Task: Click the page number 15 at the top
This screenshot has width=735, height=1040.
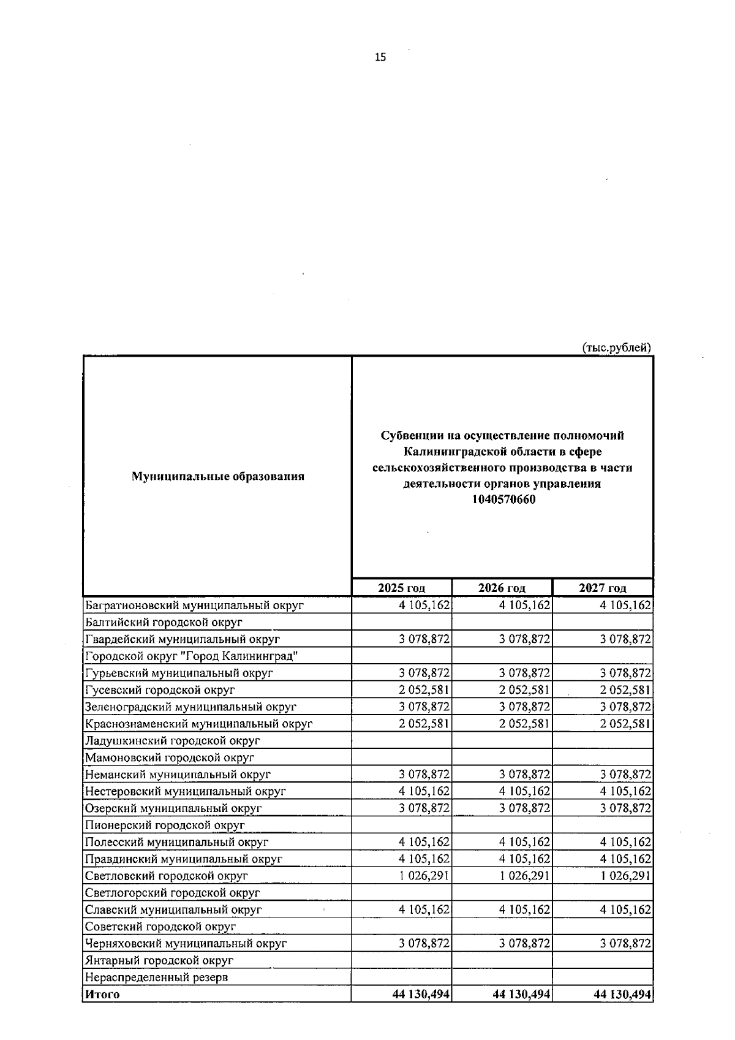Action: point(380,58)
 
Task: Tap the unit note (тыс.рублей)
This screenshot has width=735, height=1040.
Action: point(616,347)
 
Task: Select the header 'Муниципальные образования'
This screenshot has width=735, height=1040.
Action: point(218,476)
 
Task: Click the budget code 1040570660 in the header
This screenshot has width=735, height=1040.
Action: point(503,499)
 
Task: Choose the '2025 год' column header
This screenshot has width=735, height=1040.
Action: point(402,588)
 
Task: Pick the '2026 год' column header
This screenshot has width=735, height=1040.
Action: point(502,588)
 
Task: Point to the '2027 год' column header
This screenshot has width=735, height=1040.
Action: point(603,588)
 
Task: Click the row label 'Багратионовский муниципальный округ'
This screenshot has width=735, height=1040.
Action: point(195,605)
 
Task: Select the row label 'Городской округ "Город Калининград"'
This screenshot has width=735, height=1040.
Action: point(192,656)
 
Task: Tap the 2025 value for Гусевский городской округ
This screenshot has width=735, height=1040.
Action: point(424,690)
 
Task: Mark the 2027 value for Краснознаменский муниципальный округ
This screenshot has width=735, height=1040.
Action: point(625,724)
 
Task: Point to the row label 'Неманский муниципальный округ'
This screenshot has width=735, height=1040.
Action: point(178,775)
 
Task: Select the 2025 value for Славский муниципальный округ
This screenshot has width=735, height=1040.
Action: point(424,909)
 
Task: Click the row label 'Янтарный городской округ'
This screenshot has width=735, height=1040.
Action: point(159,960)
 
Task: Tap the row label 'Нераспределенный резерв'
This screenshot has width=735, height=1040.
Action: point(157,977)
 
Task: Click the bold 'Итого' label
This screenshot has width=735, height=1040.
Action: point(102,994)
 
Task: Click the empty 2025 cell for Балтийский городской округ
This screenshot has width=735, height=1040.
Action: point(402,622)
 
